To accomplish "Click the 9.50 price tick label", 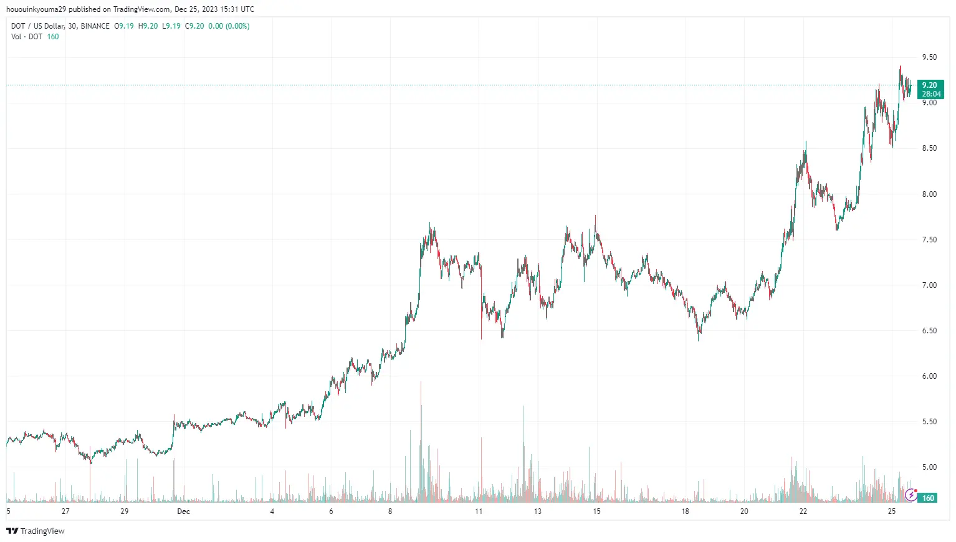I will pos(929,57).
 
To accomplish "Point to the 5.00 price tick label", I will pos(929,467).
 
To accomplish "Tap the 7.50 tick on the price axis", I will pos(929,240).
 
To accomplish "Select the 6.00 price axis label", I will pos(929,376).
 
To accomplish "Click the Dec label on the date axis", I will pos(183,511).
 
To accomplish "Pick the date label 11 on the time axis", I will pos(479,511).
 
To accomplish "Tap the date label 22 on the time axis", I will pos(803,511).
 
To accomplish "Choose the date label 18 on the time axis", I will pos(685,511).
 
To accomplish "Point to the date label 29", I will pos(125,511).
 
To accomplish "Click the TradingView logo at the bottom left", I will pos(36,531).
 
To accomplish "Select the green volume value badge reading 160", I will pos(928,498).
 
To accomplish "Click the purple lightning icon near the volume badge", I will pos(911,495).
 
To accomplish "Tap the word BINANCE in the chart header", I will pos(95,26).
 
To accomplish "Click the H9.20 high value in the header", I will pos(148,26).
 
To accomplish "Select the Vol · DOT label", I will pos(27,37).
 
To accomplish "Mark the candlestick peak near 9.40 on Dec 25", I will pos(900,67).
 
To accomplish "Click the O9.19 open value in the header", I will pos(123,26).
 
